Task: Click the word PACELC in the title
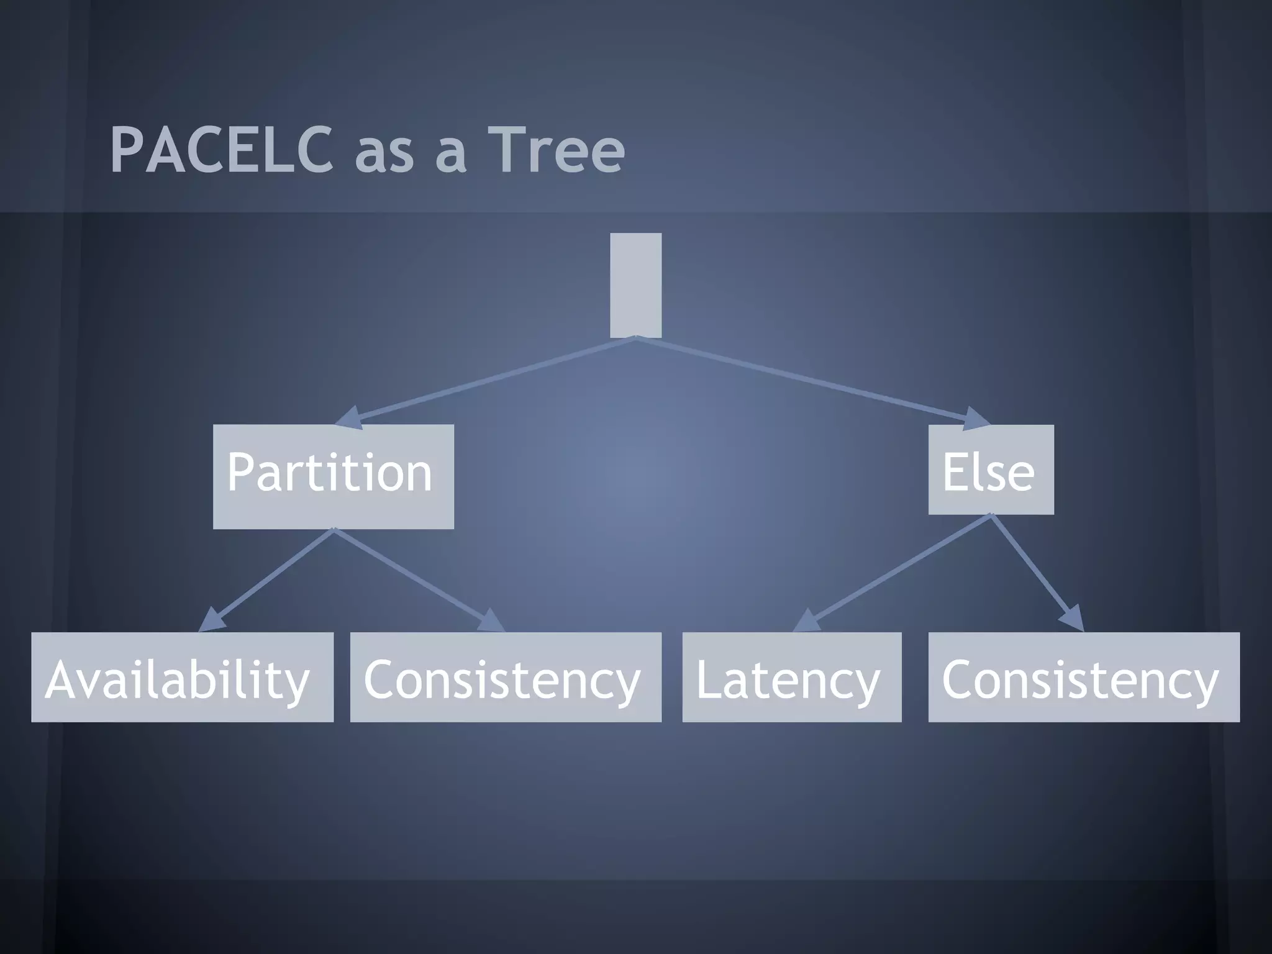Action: point(221,150)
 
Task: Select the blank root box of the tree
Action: point(635,285)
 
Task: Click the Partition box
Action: point(333,476)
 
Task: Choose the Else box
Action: point(991,470)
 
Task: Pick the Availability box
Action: point(182,677)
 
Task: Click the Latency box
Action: point(791,677)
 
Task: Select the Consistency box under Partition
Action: point(506,677)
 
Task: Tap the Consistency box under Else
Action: point(1083,677)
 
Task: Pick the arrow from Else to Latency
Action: point(894,571)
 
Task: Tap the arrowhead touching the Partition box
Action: point(350,417)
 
